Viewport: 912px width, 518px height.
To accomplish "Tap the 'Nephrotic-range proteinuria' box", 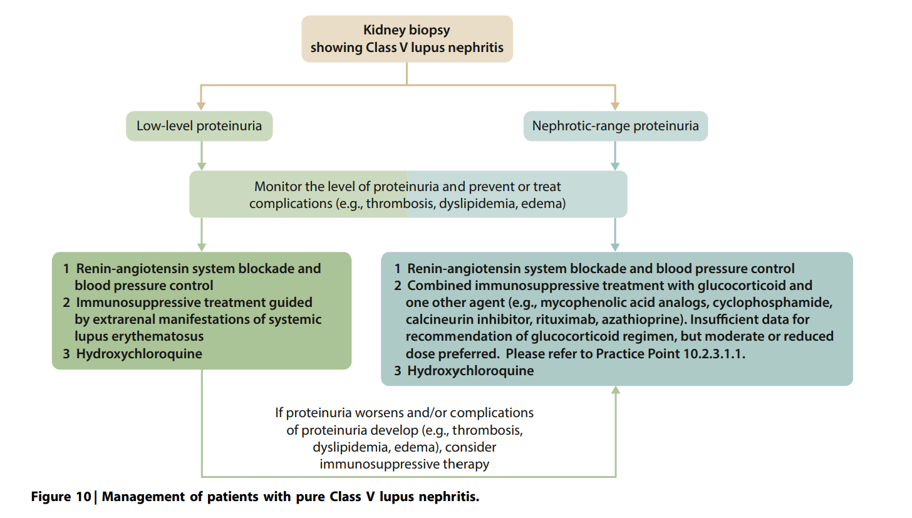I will pos(615,126).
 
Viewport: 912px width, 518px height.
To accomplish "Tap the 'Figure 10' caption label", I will pos(61,497).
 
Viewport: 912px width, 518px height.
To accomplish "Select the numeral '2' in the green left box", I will pos(66,303).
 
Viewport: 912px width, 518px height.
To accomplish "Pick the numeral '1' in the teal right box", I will pos(398,269).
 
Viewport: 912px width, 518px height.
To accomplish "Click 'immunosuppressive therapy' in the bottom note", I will pos(404,464).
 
